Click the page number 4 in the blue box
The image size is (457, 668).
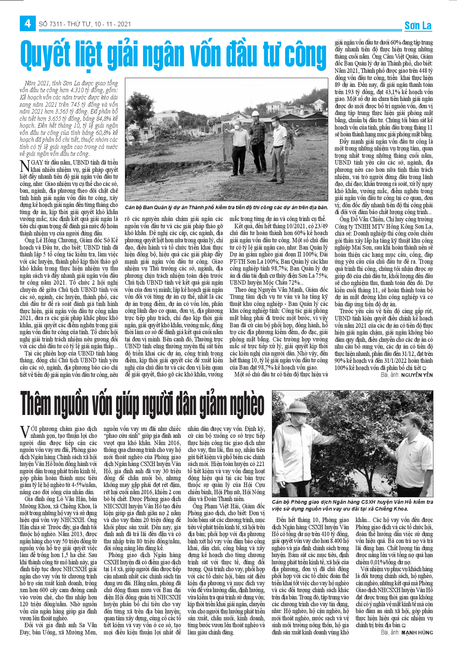click(x=27, y=24)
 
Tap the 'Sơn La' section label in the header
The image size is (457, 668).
click(x=418, y=26)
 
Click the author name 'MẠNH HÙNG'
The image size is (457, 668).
click(x=417, y=633)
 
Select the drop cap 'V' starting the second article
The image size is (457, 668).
click(x=24, y=432)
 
